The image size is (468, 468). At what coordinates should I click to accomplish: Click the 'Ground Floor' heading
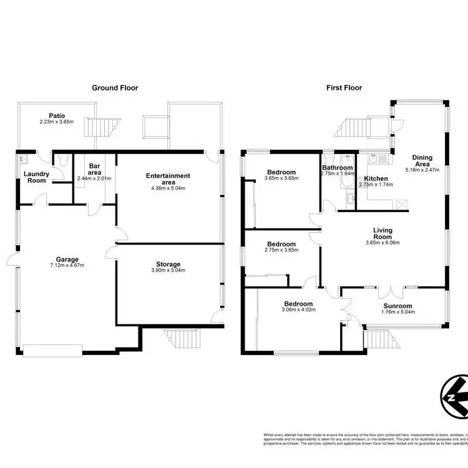(x=115, y=88)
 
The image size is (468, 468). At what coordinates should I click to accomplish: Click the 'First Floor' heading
(x=344, y=88)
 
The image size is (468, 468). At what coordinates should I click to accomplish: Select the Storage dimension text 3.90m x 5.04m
(x=168, y=270)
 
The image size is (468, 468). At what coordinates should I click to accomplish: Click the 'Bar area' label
(x=94, y=170)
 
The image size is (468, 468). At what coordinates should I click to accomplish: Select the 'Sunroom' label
(x=397, y=306)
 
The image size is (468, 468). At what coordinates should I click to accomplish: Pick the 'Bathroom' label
(x=337, y=168)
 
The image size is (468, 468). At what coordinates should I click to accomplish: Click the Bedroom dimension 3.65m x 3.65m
(x=282, y=178)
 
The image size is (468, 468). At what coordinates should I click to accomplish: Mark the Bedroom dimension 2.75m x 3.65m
(x=282, y=250)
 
